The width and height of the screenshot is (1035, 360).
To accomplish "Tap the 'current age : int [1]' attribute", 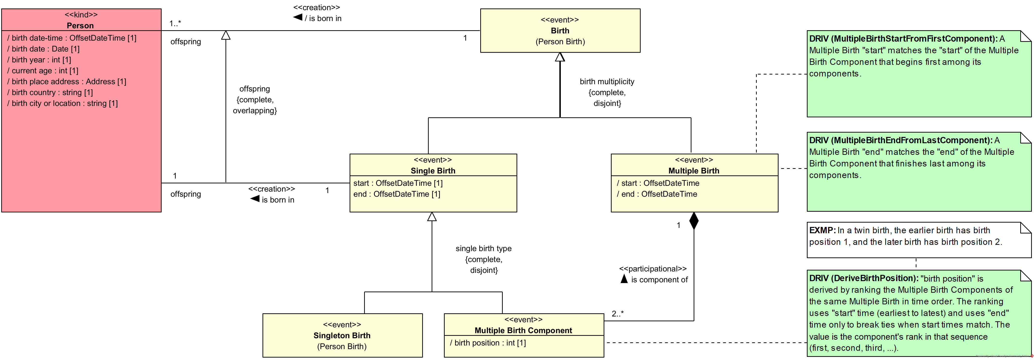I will click(x=43, y=71).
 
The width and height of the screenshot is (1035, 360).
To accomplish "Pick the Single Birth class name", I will click(x=433, y=171).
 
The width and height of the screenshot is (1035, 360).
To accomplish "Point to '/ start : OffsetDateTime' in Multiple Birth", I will click(x=658, y=183).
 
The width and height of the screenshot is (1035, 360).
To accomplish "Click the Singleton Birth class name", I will click(x=342, y=336).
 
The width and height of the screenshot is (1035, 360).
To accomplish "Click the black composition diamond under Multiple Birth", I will click(x=694, y=221).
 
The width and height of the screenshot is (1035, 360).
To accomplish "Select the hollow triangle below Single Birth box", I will click(x=432, y=217).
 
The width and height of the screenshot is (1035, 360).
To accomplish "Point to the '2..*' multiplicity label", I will click(x=618, y=314).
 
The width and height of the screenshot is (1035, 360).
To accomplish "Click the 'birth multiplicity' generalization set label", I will click(x=607, y=82).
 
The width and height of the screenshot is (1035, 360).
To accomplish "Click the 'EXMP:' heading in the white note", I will click(x=822, y=231).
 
